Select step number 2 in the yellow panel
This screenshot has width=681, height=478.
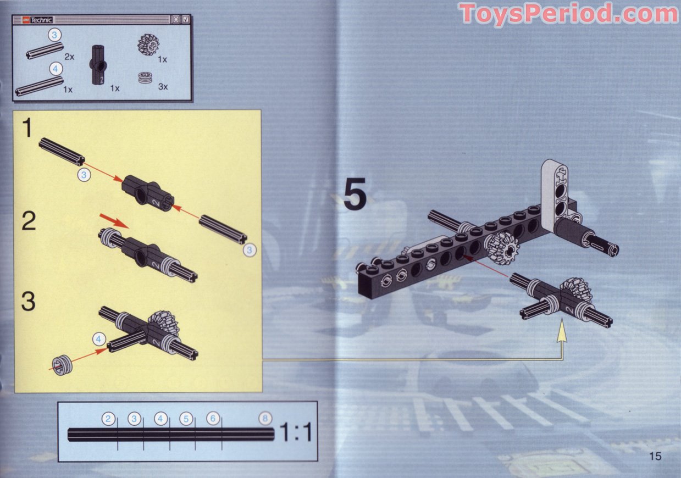[x=29, y=220]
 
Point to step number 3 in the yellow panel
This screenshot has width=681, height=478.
[x=29, y=301]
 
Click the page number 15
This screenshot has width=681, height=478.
[x=655, y=455]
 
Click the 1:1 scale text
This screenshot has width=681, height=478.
[x=295, y=432]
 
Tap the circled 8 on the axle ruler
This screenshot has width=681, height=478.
[x=265, y=419]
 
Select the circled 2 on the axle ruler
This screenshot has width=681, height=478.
[x=108, y=419]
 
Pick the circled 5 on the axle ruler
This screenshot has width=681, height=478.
[x=186, y=419]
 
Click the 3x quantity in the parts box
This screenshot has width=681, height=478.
[x=162, y=87]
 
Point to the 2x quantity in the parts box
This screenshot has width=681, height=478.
[x=69, y=57]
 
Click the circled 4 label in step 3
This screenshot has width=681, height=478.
[x=99, y=340]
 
